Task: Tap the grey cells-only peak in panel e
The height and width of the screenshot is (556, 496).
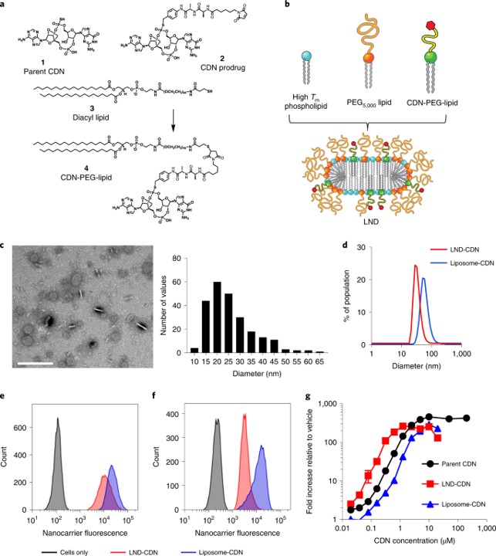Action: pyautogui.click(x=57, y=421)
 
